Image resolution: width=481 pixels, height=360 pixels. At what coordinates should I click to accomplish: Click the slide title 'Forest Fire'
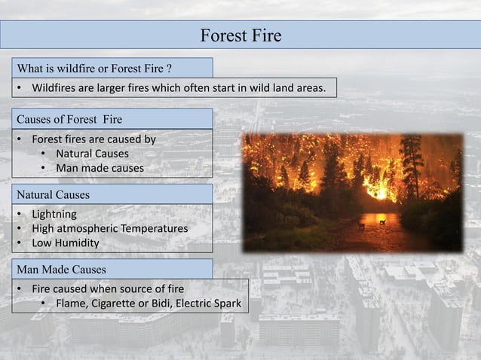[x=240, y=35]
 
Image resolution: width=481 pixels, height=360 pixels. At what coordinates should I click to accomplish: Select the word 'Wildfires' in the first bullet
[x=54, y=89]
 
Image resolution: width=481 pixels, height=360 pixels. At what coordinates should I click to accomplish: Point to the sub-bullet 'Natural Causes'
[x=92, y=154]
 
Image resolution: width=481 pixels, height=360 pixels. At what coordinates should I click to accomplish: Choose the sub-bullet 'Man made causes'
[x=100, y=168]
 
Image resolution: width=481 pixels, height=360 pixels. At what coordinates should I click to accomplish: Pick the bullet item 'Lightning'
[x=54, y=214]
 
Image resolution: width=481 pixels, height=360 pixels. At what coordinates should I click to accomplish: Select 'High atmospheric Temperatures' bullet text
[x=109, y=228]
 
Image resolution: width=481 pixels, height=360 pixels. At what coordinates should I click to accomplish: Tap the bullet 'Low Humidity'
[x=65, y=243]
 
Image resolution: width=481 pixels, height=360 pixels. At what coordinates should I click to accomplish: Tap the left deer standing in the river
[x=361, y=224]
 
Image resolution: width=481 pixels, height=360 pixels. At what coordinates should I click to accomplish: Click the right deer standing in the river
[x=382, y=221]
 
